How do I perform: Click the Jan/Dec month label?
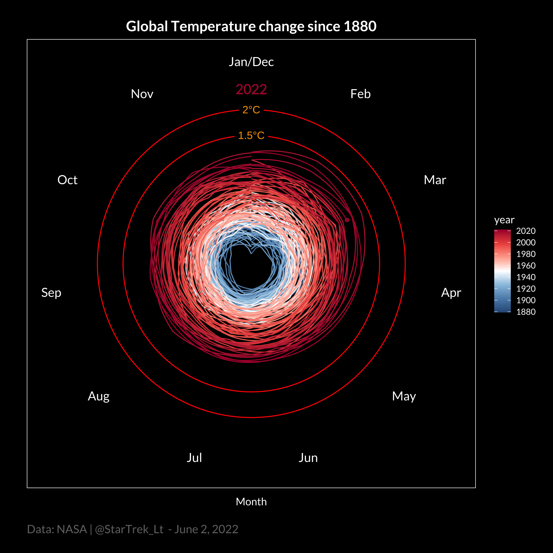[251, 62]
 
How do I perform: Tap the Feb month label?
[360, 94]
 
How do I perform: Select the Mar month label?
[435, 180]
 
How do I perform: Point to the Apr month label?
[451, 293]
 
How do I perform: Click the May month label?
[404, 396]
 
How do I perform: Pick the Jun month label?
[308, 458]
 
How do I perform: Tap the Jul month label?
[194, 458]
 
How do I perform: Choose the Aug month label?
[98, 396]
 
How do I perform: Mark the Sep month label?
[51, 293]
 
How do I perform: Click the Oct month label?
[67, 180]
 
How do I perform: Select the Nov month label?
[142, 94]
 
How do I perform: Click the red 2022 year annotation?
[251, 90]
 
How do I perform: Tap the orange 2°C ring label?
[251, 110]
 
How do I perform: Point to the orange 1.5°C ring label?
[251, 135]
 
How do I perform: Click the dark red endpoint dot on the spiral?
[347, 220]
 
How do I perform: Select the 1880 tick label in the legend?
[526, 312]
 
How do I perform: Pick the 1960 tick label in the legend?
[526, 266]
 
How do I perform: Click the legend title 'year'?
[504, 220]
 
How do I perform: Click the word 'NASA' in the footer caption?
[72, 529]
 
